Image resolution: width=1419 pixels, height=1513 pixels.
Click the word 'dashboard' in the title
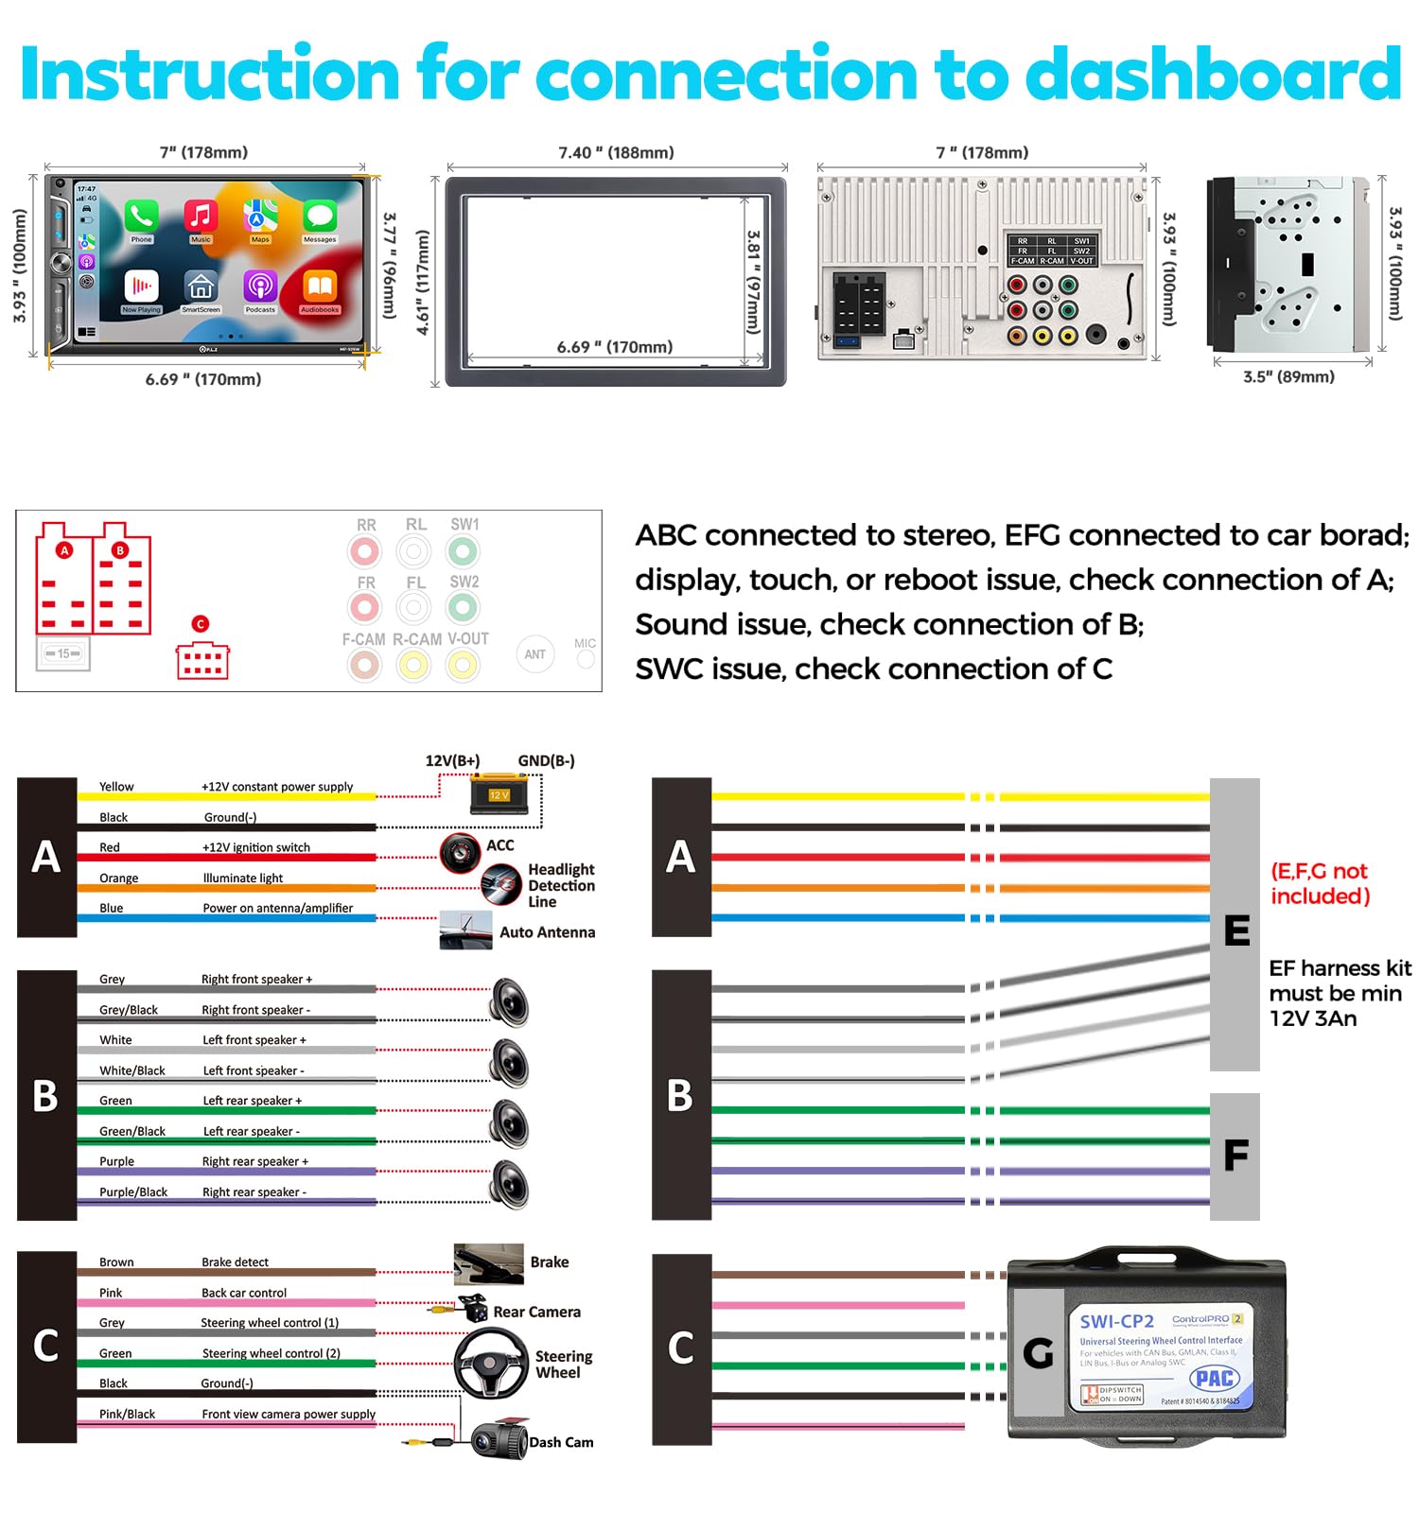click(1213, 74)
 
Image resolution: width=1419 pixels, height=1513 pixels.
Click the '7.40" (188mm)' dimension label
click(616, 152)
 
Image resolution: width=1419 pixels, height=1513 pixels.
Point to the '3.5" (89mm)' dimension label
click(1288, 376)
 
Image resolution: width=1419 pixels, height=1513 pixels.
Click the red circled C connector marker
click(200, 624)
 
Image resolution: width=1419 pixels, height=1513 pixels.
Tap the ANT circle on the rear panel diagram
click(535, 654)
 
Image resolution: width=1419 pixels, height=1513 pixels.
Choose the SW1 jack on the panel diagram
click(463, 550)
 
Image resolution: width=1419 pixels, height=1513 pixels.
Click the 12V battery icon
click(499, 794)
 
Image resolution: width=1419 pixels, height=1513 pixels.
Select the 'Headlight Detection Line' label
click(561, 885)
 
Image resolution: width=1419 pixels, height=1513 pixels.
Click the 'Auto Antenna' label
click(547, 932)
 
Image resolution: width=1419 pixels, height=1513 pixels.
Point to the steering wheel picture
click(491, 1363)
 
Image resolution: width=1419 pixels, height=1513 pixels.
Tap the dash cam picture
click(499, 1440)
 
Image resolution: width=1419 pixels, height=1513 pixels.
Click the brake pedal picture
click(488, 1263)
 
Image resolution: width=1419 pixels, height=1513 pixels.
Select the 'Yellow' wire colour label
click(116, 787)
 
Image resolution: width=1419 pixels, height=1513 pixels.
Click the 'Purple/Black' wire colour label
click(133, 1192)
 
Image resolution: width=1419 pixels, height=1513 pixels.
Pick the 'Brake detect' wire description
click(235, 1262)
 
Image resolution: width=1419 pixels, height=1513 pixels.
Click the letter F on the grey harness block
click(1235, 1156)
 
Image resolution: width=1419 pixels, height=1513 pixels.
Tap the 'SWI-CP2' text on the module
click(1116, 1321)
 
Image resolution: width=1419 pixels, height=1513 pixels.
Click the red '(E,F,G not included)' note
click(1320, 883)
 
